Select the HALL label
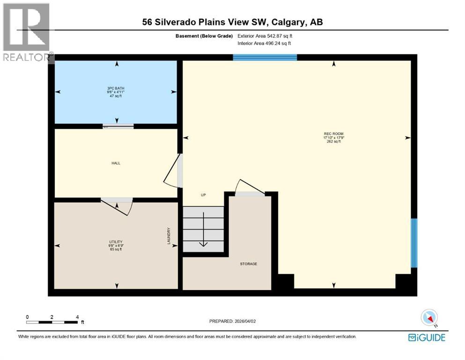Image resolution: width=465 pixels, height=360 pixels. pyautogui.click(x=116, y=163)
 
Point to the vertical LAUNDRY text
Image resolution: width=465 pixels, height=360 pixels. pyautogui.click(x=169, y=236)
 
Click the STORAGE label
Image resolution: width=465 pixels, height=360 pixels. pyautogui.click(x=249, y=264)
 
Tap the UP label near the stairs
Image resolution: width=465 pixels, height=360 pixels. pyautogui.click(x=203, y=195)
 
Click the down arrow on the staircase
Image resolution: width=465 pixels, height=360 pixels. pyautogui.click(x=204, y=234)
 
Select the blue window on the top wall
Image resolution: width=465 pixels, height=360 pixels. pyautogui.click(x=265, y=58)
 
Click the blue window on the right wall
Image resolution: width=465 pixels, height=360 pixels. pyautogui.click(x=413, y=242)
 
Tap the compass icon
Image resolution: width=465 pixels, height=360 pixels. pyautogui.click(x=429, y=317)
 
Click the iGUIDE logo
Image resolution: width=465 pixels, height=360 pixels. pyautogui.click(x=427, y=337)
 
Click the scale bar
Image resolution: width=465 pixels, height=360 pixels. pyautogui.click(x=52, y=322)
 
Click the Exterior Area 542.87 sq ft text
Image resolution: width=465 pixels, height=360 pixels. pyautogui.click(x=267, y=36)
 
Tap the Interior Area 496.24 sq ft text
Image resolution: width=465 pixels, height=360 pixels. pyautogui.click(x=267, y=43)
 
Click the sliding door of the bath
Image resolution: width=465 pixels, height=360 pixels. pyautogui.click(x=118, y=126)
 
